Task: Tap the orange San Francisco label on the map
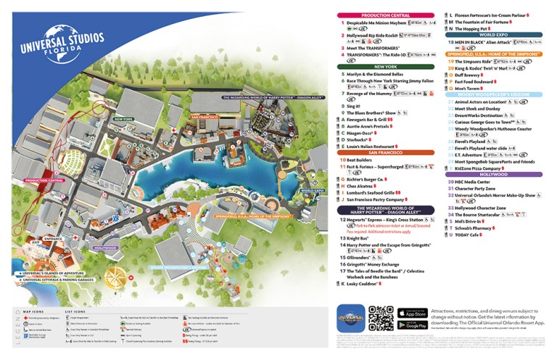pyautogui.click(x=205, y=116)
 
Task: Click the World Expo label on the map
pyautogui.click(x=312, y=191)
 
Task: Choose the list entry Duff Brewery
pyautogui.click(x=469, y=74)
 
